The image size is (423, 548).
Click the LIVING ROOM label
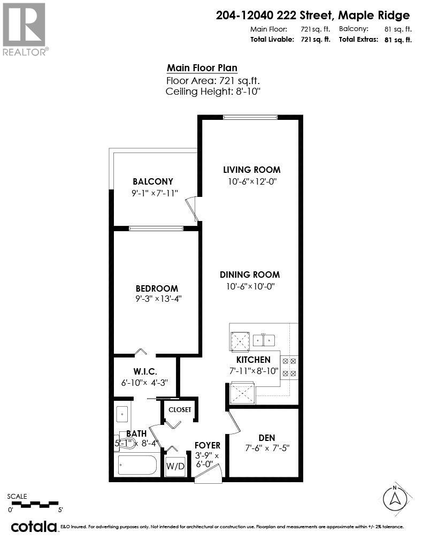coord(251,170)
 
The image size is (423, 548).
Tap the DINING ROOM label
coord(250,275)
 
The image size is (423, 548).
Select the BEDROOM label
coord(157,288)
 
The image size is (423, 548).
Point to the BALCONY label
coord(153,181)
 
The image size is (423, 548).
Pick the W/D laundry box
coord(175,466)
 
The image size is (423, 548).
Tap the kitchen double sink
coord(264,339)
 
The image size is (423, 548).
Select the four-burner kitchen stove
coord(289,367)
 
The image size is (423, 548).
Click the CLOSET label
coord(180,409)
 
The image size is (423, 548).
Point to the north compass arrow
coord(395,499)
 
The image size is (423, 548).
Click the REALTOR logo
coord(25,29)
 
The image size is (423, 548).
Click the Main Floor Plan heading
coord(202,68)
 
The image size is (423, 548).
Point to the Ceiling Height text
coord(213,92)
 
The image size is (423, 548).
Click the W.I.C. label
coord(144,371)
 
